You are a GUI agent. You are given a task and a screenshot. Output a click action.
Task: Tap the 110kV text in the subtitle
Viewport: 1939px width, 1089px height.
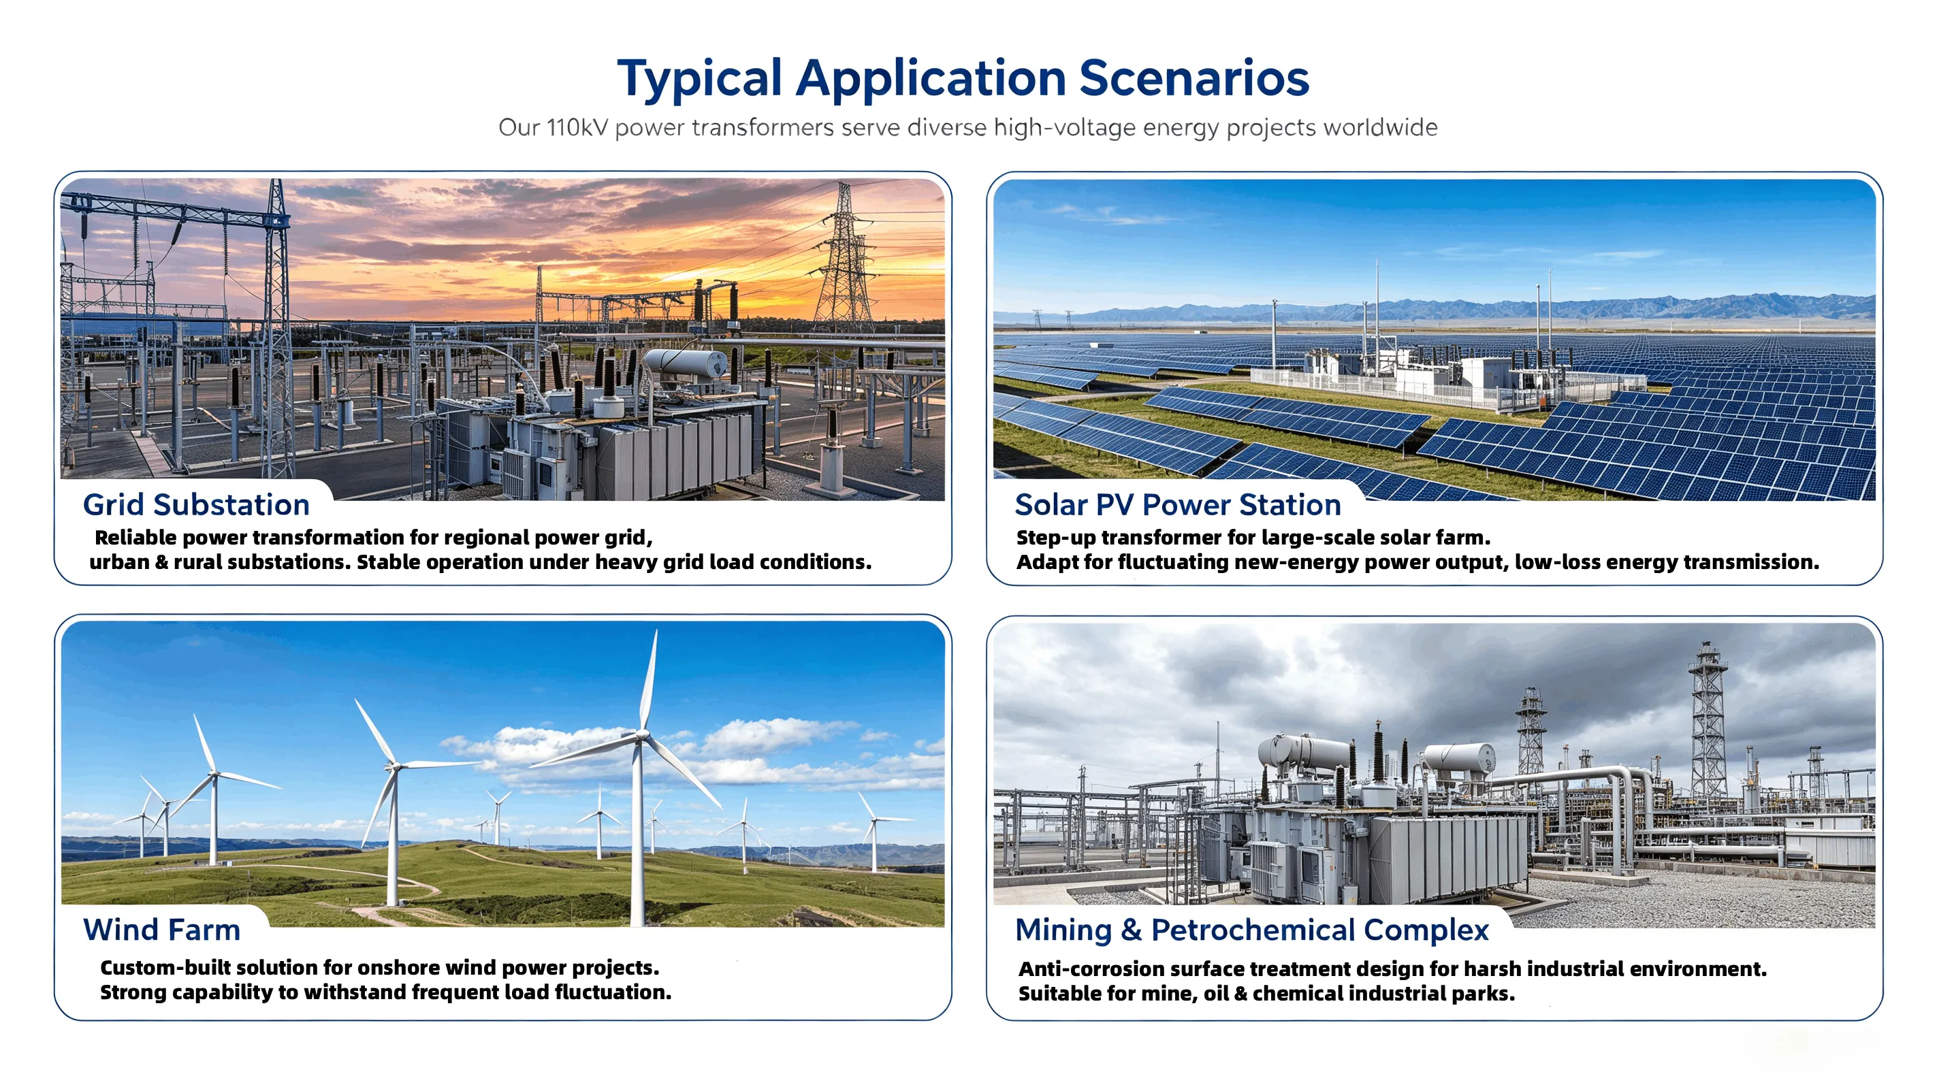pyautogui.click(x=577, y=127)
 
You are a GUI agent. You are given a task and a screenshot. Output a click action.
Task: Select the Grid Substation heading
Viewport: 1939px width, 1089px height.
pyautogui.click(x=197, y=504)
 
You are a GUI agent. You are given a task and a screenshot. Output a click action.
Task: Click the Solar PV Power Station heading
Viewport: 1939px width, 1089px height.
pyautogui.click(x=1178, y=504)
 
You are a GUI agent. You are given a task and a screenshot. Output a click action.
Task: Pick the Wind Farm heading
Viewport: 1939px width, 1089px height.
pyautogui.click(x=162, y=930)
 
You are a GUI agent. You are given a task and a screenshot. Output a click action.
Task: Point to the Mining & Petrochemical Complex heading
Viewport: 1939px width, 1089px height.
pyautogui.click(x=1252, y=930)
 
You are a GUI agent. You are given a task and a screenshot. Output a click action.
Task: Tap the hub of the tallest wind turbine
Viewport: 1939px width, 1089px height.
pyautogui.click(x=641, y=733)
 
